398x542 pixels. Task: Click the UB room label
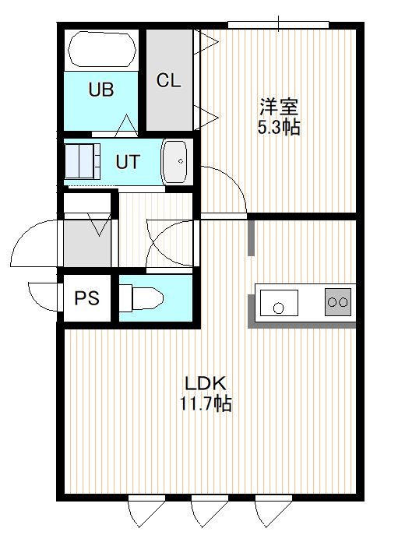click(x=101, y=90)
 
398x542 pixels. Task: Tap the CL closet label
click(x=168, y=80)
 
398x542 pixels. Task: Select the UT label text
click(x=128, y=162)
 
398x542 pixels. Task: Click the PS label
click(x=86, y=297)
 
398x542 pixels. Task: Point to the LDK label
click(x=205, y=383)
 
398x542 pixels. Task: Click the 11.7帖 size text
click(x=205, y=403)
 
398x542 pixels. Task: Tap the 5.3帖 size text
click(x=279, y=127)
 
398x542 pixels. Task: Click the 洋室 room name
click(x=279, y=107)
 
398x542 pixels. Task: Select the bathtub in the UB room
click(x=102, y=49)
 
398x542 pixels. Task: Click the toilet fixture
click(x=141, y=297)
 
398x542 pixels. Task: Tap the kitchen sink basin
click(x=279, y=302)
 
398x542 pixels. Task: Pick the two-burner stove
click(x=338, y=302)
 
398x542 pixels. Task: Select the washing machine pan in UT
click(x=83, y=161)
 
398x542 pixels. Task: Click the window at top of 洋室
click(x=278, y=25)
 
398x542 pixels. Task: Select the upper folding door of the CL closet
click(x=206, y=42)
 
